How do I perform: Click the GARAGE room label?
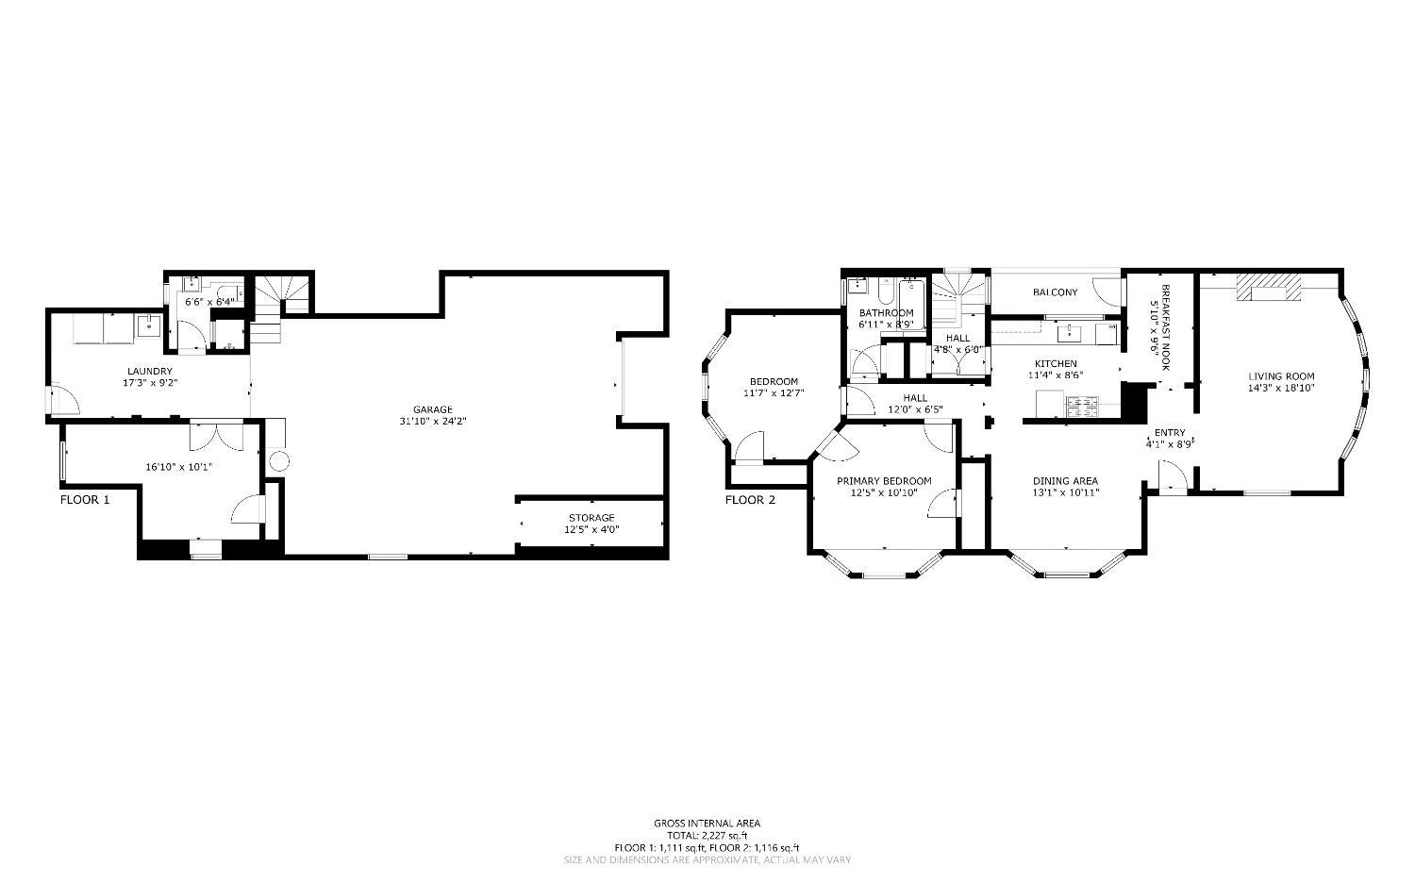point(432,408)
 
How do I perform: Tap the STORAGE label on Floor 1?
point(591,517)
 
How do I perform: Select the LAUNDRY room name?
point(150,371)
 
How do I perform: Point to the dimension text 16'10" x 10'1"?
point(178,466)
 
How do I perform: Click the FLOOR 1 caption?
point(85,500)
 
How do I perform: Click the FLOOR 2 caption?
point(750,500)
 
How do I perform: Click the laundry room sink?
point(148,326)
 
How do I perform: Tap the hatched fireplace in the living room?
point(1268,285)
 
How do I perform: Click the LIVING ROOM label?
point(1281,375)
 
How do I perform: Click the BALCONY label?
point(1055,292)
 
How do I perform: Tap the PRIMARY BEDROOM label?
point(884,481)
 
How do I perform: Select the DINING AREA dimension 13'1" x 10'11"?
point(1065,492)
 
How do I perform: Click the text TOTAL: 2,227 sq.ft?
point(707,835)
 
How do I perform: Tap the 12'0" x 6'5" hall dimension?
point(915,410)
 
